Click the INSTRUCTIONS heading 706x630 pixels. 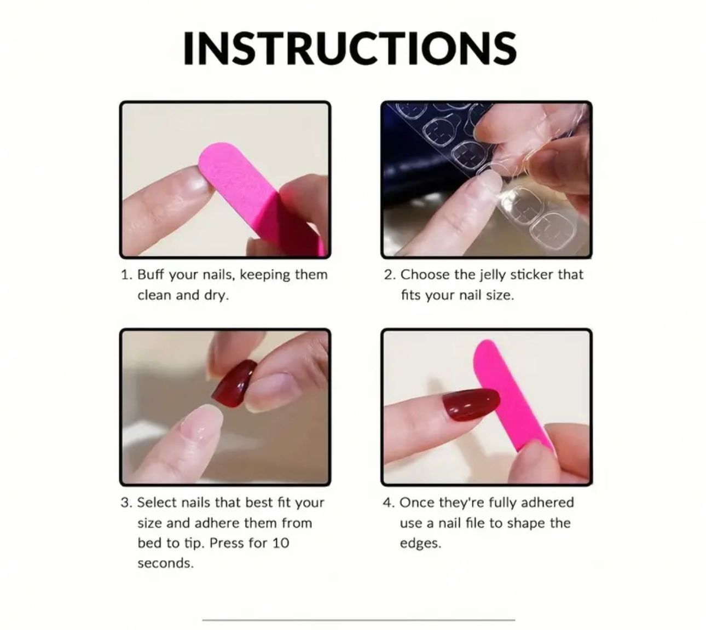click(350, 48)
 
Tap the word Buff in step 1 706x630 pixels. click(151, 275)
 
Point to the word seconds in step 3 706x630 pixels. click(165, 563)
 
